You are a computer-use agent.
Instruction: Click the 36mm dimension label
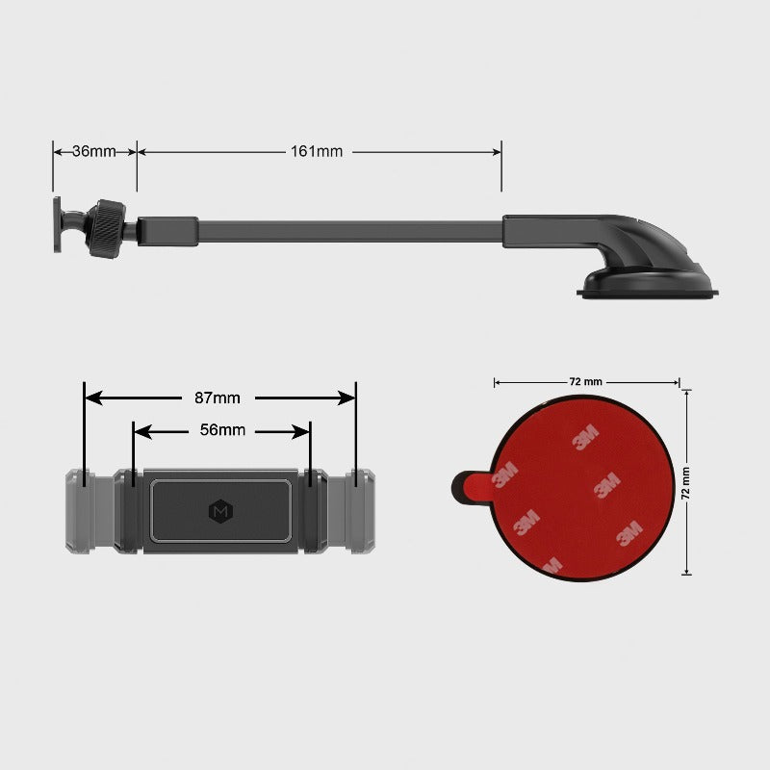pyautogui.click(x=93, y=151)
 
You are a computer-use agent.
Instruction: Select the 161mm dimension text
pyautogui.click(x=317, y=151)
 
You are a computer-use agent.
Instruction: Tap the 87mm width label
pyautogui.click(x=218, y=398)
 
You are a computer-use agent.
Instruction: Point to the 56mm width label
pyautogui.click(x=222, y=430)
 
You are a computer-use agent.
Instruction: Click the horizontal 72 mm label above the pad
pyautogui.click(x=585, y=382)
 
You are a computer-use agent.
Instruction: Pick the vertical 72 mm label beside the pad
pyautogui.click(x=686, y=483)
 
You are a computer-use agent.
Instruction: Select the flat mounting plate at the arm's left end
pyautogui.click(x=59, y=228)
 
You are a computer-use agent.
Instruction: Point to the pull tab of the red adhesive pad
pyautogui.click(x=469, y=487)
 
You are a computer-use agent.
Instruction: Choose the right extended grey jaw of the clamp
pyautogui.click(x=362, y=511)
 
